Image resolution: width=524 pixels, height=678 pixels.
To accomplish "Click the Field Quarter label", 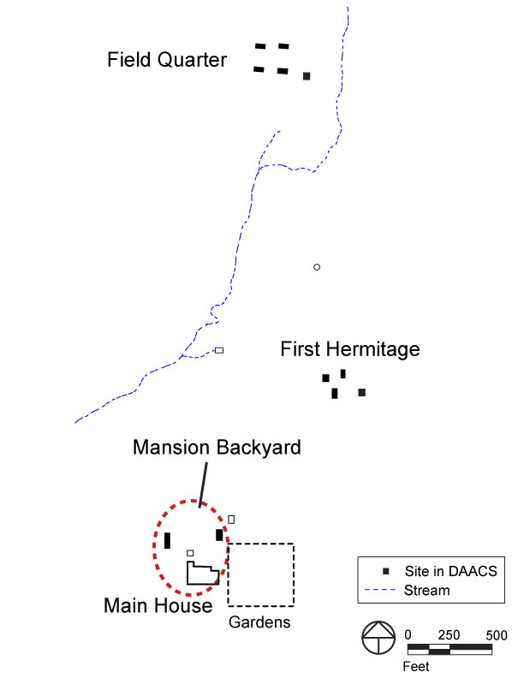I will click(167, 60).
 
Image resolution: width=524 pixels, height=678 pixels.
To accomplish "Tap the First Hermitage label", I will click(350, 349).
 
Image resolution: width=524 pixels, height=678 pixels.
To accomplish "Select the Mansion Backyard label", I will click(217, 448).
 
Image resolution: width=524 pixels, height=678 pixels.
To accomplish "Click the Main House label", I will click(158, 606).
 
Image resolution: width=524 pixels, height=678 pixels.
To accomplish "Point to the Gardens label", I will click(259, 622).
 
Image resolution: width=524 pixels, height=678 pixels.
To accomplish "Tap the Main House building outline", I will click(202, 574).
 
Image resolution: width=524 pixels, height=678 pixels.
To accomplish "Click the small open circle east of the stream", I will click(317, 267).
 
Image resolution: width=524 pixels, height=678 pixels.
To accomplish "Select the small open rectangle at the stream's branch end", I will click(219, 350).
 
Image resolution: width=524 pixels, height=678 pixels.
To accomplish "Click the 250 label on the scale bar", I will click(449, 635).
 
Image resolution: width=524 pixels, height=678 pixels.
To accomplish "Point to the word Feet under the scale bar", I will click(417, 664).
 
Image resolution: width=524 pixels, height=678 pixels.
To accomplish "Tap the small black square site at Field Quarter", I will click(307, 76).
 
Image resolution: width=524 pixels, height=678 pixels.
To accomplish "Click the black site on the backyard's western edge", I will click(167, 540).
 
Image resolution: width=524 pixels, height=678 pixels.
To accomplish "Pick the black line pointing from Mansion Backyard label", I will click(203, 483).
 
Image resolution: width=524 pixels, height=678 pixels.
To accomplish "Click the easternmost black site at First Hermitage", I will click(362, 392).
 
